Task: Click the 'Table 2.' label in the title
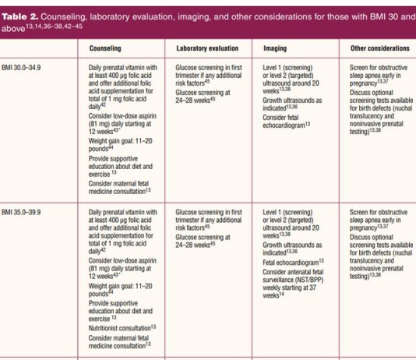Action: click(x=20, y=16)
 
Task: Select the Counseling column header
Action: click(x=105, y=48)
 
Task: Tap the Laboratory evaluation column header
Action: click(x=207, y=48)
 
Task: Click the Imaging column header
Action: click(x=275, y=48)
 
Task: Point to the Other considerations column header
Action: click(x=380, y=48)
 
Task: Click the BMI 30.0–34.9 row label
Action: click(x=21, y=68)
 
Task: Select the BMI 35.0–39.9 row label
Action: click(x=21, y=212)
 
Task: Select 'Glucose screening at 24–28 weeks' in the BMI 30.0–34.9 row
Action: click(x=203, y=97)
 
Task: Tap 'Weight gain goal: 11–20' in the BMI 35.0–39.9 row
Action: click(x=121, y=286)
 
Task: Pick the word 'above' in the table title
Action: click(x=13, y=28)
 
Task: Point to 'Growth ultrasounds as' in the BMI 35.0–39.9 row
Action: click(x=292, y=245)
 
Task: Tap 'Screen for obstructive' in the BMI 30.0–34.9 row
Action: click(x=379, y=68)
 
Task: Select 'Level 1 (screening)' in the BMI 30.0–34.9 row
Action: click(x=287, y=68)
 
